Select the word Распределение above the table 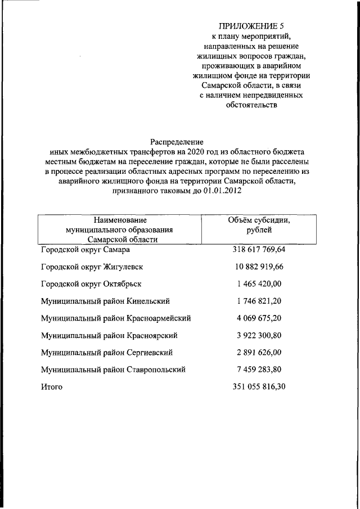(x=177, y=142)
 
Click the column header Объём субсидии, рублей (x=259, y=225)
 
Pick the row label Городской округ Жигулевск (x=92, y=267)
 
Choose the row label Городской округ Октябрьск (x=91, y=284)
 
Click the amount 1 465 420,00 (x=259, y=284)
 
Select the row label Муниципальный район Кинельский (x=105, y=301)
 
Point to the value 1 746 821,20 (x=259, y=301)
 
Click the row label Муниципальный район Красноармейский (x=116, y=318)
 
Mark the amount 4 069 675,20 (x=259, y=318)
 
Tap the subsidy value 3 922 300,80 (x=259, y=336)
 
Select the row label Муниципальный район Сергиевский (x=106, y=353)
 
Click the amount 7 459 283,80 (x=259, y=370)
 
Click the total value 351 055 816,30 (x=259, y=388)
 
